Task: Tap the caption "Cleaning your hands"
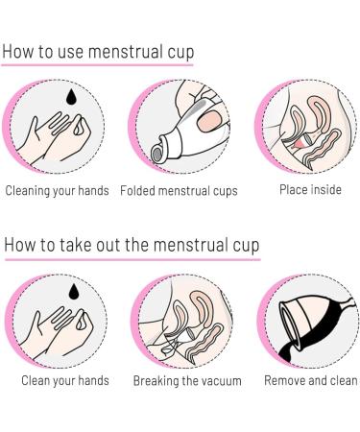click(x=58, y=190)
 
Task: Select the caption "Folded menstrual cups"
click(x=180, y=190)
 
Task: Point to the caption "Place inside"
click(x=310, y=189)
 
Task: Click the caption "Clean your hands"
click(x=65, y=381)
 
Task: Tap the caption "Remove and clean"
click(x=310, y=381)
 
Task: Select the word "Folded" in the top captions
click(x=141, y=190)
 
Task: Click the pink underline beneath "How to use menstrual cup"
click(x=96, y=65)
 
